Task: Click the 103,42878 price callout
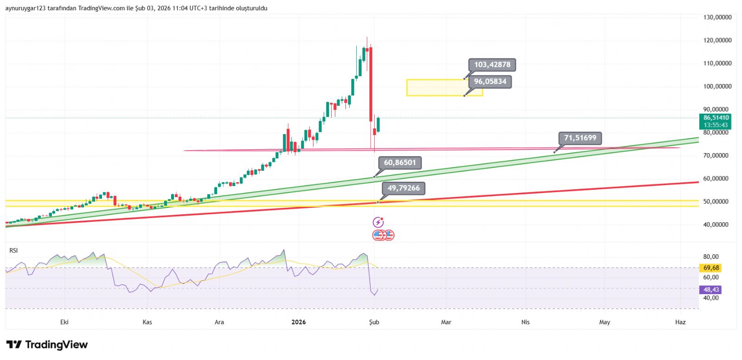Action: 492,65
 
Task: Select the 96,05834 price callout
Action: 490,82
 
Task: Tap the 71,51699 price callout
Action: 580,138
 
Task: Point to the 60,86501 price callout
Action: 400,162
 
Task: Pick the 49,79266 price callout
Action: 403,188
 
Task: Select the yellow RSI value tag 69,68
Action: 711,268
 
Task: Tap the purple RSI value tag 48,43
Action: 711,289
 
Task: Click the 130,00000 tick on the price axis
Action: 717,17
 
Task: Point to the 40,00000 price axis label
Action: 717,225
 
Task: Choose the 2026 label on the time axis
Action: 298,322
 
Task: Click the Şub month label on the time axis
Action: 374,322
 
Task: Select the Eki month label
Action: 64,322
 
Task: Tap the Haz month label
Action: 680,322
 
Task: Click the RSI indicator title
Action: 13,251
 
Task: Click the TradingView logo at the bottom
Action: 47,345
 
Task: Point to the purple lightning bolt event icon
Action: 378,222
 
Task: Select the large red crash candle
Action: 371,84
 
